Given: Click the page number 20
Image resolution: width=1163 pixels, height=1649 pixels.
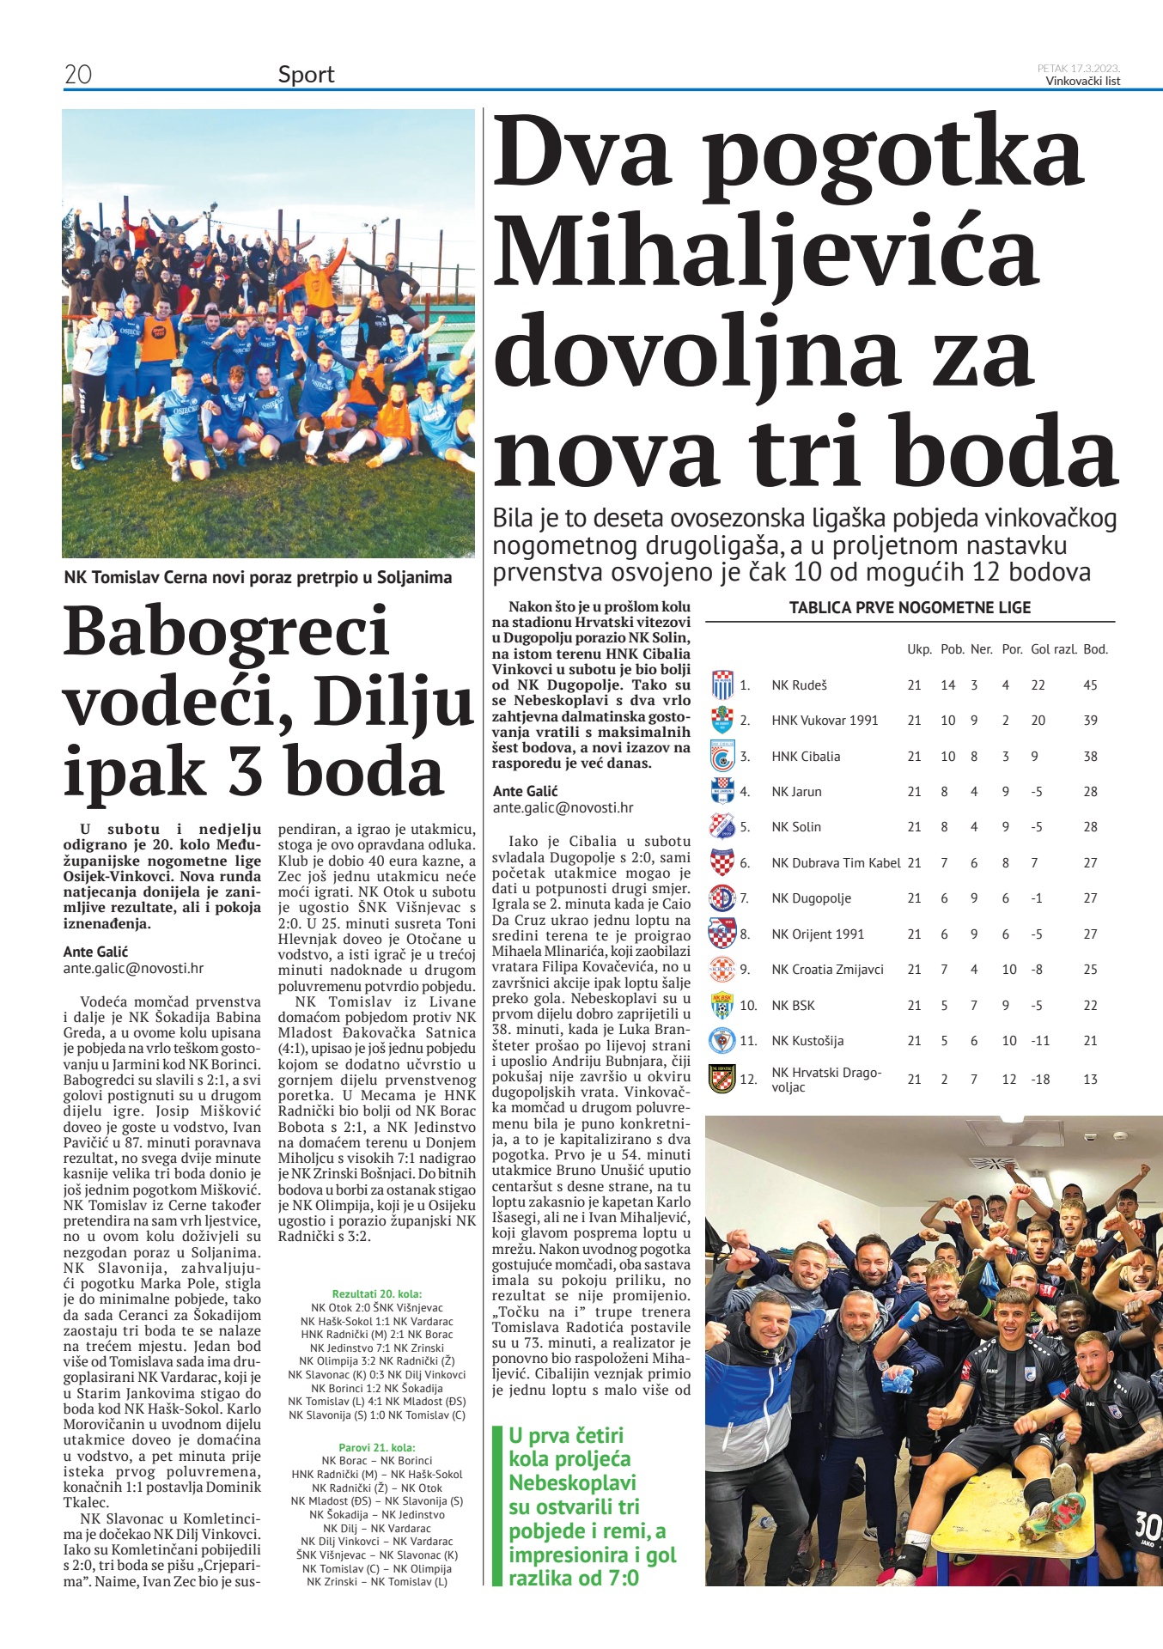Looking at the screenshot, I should coord(78,75).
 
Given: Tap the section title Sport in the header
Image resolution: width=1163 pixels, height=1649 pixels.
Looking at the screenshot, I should coord(306,75).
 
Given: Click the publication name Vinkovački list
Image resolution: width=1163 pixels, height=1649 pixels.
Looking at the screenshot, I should coord(1082,82).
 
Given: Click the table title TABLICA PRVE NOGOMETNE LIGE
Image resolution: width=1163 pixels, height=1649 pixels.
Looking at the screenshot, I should coord(910,608).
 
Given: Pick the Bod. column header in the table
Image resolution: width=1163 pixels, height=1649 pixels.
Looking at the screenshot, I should coord(1095,649).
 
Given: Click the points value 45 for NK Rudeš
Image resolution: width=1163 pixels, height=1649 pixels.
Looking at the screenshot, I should coord(1090,685).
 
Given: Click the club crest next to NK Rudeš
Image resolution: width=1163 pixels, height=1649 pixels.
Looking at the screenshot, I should coord(722,685).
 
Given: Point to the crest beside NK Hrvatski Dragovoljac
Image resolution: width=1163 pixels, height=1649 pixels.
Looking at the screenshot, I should coord(722,1079).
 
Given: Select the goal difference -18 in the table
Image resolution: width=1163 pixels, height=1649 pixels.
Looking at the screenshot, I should coord(1040,1080).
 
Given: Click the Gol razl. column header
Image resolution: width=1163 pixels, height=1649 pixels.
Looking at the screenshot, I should coord(1053,649).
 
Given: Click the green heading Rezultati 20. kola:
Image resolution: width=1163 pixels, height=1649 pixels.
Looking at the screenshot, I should coord(377,1293).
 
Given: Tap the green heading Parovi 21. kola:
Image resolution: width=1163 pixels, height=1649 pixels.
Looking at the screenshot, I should coord(377,1447).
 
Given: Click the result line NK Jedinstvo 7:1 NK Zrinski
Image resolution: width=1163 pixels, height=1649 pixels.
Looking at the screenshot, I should coord(377,1348).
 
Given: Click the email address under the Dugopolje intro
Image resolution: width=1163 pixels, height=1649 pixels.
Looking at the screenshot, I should coord(563,807).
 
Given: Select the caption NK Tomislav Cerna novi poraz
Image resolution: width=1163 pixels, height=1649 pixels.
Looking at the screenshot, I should coord(258,577).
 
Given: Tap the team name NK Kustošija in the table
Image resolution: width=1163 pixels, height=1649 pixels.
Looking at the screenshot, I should coord(807,1041).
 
